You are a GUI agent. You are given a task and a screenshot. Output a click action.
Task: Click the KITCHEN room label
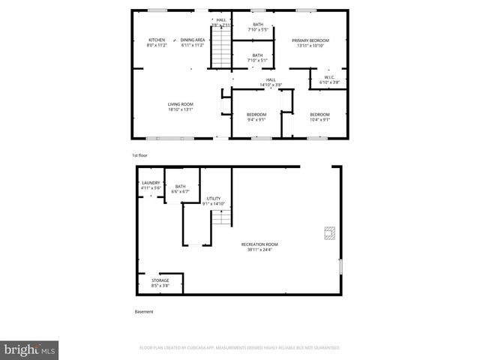(156, 42)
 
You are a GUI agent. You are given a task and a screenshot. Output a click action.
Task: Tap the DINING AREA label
(193, 42)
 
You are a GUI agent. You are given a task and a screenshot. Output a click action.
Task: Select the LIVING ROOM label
(181, 106)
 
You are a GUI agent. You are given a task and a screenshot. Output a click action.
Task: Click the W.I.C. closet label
(329, 79)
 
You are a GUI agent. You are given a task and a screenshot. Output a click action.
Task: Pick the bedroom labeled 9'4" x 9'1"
(256, 116)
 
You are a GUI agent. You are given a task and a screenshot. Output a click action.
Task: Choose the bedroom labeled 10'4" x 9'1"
(319, 116)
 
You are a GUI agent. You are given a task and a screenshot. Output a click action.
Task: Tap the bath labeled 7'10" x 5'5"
(258, 27)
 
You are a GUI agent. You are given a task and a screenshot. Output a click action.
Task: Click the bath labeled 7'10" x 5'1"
(258, 57)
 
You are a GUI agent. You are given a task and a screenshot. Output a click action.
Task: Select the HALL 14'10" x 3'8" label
(271, 82)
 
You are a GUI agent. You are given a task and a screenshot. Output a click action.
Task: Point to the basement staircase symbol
(220, 219)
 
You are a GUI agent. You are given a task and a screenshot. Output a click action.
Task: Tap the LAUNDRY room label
(151, 184)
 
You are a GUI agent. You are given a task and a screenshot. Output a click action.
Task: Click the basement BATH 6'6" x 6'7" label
(180, 189)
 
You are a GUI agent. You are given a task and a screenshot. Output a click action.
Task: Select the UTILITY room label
(214, 200)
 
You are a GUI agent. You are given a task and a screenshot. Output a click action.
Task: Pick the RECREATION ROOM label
(259, 247)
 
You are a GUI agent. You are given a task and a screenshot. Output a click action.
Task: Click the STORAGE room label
(160, 283)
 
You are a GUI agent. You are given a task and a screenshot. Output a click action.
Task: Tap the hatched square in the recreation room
(328, 234)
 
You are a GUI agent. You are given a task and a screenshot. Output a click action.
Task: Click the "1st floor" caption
(139, 155)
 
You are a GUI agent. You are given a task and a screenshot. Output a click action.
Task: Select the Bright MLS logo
(30, 349)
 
